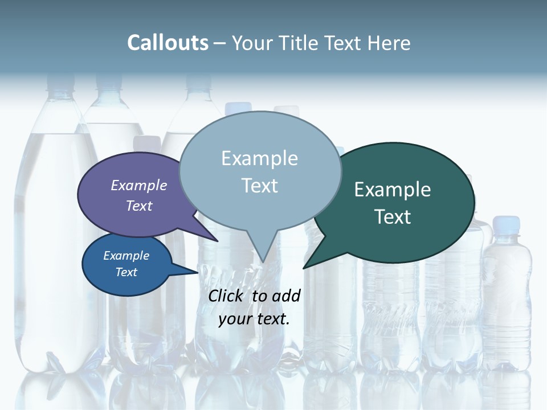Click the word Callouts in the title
click(x=168, y=43)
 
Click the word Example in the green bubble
click(x=393, y=190)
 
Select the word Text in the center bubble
click(x=260, y=186)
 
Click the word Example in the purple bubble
click(x=139, y=185)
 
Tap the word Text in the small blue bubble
click(x=126, y=272)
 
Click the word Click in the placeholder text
click(x=227, y=296)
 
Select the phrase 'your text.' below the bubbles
click(x=254, y=319)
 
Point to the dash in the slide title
click(x=221, y=43)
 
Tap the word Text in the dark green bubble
click(x=393, y=216)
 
